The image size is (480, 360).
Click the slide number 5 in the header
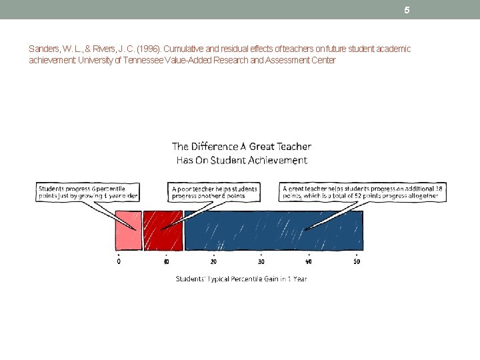(x=406, y=10)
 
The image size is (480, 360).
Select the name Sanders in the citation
(x=43, y=49)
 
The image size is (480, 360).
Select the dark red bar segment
(x=163, y=230)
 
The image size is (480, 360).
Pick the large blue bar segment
(x=273, y=230)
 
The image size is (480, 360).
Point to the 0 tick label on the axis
(x=119, y=261)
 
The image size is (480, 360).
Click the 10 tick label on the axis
(x=165, y=261)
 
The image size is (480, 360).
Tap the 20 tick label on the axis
(x=213, y=261)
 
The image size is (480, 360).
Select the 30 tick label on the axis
(x=261, y=261)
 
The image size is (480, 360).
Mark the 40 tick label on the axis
(x=309, y=261)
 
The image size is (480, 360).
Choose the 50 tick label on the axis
(x=357, y=261)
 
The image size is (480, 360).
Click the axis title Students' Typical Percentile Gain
(x=241, y=279)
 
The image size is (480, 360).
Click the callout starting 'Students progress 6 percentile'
(x=89, y=192)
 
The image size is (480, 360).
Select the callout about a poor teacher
(x=213, y=192)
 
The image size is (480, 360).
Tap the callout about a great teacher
(x=363, y=192)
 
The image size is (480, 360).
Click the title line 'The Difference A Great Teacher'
(x=241, y=146)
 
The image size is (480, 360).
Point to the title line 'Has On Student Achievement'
(x=241, y=160)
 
